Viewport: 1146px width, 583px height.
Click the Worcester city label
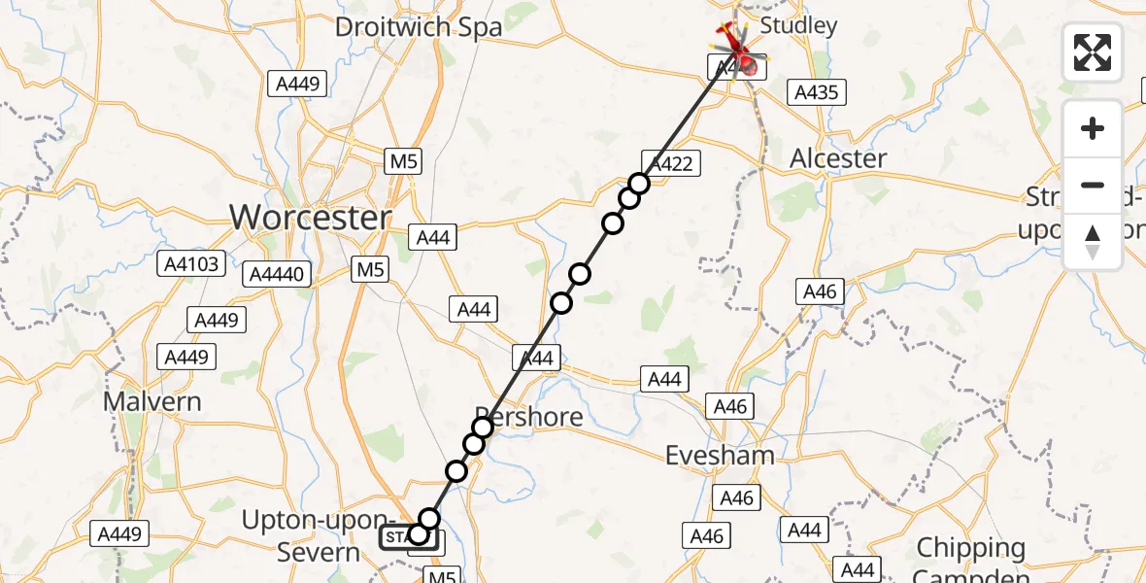[311, 218]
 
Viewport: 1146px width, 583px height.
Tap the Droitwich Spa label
[419, 26]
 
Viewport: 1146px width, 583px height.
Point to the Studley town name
[798, 25]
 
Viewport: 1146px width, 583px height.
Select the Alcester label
[838, 158]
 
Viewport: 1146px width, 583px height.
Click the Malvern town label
[152, 401]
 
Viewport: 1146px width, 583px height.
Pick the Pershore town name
[529, 418]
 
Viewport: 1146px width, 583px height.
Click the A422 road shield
[671, 163]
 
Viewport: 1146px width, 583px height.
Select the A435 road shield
[817, 92]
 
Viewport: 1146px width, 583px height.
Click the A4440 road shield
[281, 274]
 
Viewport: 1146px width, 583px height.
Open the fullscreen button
[1093, 52]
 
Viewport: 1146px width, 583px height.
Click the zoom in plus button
[1093, 128]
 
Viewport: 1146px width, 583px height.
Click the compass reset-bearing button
[1093, 242]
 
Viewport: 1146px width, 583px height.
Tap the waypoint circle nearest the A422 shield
[638, 184]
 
